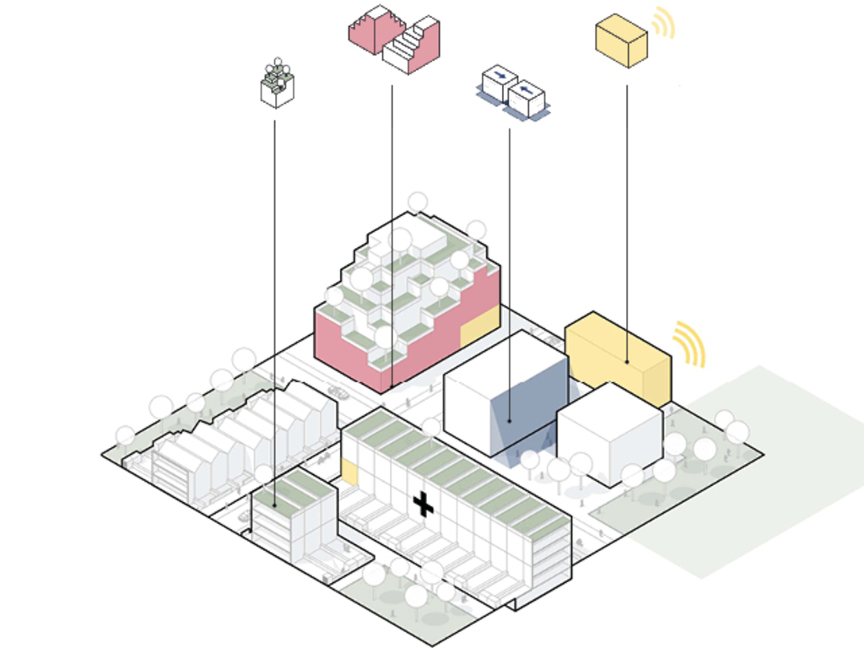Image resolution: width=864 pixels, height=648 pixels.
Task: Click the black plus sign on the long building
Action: point(423,505)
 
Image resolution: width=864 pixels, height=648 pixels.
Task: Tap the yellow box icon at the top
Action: point(621,40)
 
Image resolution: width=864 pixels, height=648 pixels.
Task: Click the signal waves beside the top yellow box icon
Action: point(665,24)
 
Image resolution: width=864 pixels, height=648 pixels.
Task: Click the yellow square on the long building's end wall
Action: point(349,472)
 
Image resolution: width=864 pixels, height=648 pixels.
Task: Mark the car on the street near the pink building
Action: point(338,392)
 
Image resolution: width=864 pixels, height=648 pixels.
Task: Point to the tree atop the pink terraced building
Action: point(418,202)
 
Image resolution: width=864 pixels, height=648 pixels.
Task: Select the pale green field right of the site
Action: point(759,472)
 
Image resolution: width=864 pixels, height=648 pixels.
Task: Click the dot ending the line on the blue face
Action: point(510,419)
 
